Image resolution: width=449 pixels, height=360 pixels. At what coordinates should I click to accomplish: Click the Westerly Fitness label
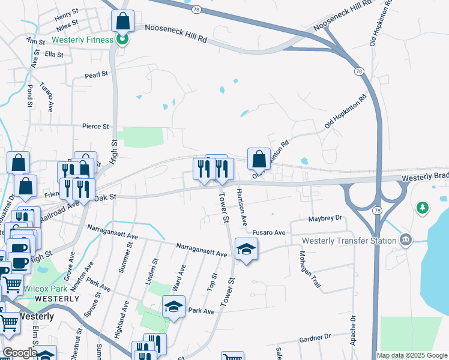(x=82, y=40)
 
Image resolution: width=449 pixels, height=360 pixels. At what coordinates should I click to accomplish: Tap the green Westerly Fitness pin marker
(x=122, y=40)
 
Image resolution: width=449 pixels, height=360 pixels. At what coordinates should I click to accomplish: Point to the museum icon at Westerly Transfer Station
(x=407, y=240)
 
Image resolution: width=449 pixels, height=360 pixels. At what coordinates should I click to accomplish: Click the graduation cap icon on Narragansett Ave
(x=246, y=249)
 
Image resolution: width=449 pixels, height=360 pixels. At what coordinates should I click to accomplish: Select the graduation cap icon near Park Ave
(x=174, y=307)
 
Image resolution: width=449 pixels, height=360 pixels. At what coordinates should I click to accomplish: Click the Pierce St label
(x=95, y=127)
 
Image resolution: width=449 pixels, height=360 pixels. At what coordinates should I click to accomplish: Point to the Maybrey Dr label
(x=325, y=218)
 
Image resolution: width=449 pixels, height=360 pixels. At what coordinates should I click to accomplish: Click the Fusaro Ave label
(x=269, y=232)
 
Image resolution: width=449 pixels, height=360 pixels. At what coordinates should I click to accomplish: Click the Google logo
(x=19, y=353)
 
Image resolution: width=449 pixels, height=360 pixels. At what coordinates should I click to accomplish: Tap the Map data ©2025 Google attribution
(x=412, y=355)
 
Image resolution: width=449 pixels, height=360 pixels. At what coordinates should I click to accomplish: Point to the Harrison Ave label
(x=242, y=207)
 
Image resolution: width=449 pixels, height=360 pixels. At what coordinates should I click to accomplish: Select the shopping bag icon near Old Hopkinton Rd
(x=259, y=159)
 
